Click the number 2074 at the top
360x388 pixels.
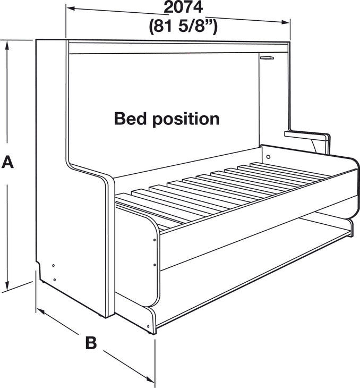183,7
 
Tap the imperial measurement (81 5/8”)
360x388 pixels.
183,26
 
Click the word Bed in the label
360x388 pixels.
131,119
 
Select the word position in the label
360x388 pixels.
186,120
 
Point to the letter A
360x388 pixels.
7,162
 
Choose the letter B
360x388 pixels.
91,343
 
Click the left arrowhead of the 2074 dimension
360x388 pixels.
71,9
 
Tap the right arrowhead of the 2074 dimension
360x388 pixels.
285,22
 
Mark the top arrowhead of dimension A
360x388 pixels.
7,45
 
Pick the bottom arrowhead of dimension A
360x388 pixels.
7,285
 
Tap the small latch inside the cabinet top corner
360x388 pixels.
267,58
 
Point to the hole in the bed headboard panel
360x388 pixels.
268,157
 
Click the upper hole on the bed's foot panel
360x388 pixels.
155,240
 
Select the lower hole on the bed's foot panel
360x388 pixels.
155,265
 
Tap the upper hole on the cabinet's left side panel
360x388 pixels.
54,266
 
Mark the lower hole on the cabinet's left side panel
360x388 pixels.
54,280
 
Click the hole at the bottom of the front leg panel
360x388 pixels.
148,326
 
